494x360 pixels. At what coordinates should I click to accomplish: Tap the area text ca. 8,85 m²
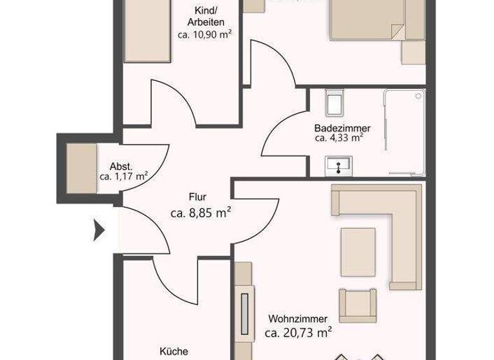[x=201, y=213]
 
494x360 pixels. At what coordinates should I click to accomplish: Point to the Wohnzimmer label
[x=298, y=319]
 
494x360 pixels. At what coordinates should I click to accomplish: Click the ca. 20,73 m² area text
[x=298, y=333]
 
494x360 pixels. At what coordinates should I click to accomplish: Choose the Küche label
[x=174, y=352]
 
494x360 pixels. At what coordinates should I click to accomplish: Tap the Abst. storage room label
[x=120, y=165]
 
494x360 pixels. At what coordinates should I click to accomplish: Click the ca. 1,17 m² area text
[x=123, y=175]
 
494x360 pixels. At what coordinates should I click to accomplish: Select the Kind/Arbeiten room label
[x=209, y=16]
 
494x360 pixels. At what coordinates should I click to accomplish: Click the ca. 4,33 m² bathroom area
[x=339, y=138]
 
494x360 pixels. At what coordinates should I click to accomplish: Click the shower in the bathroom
[x=405, y=132]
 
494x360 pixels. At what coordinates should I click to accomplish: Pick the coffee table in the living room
[x=358, y=251]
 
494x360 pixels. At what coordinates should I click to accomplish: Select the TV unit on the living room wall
[x=244, y=312]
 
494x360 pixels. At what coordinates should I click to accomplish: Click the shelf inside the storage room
[x=81, y=168]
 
